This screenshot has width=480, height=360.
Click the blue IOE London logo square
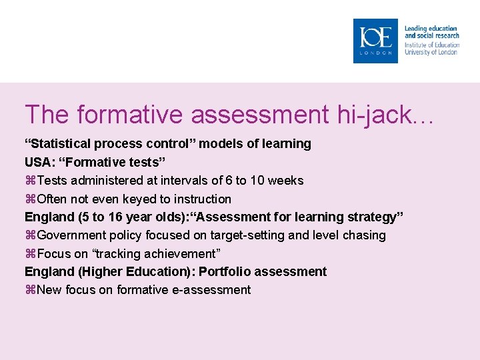[375, 41]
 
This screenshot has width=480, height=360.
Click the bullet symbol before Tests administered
[30, 181]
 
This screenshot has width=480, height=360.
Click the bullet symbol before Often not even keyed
[30, 199]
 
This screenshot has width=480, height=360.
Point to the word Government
[70, 235]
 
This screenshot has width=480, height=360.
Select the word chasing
[364, 235]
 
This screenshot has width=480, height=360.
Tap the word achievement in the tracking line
[181, 253]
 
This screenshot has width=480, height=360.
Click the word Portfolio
[228, 271]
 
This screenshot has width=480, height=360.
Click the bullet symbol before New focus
[30, 290]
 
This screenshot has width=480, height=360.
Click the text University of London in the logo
[431, 52]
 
